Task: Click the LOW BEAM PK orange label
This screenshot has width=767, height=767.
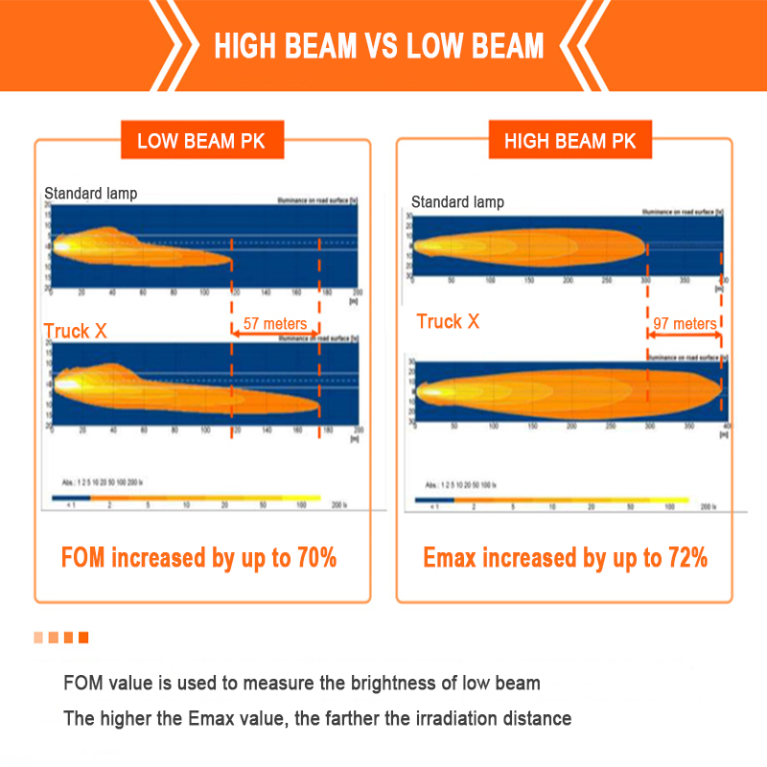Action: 200,142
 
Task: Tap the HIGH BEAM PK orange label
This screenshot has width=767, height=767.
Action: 569,142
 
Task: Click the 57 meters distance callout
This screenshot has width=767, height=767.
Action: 275,324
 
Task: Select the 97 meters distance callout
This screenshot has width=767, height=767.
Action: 685,324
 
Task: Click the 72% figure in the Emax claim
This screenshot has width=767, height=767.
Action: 687,557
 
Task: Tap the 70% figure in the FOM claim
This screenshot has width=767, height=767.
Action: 315,557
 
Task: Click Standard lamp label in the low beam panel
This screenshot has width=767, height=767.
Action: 91,194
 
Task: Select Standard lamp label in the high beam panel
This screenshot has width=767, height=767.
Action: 457,202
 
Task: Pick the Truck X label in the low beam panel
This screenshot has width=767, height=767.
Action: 75,332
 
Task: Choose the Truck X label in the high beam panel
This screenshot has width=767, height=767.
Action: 448,321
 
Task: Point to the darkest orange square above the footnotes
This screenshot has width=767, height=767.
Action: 83,638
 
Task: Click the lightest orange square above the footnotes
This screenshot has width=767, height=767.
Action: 38,638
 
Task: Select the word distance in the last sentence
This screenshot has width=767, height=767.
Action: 537,718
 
